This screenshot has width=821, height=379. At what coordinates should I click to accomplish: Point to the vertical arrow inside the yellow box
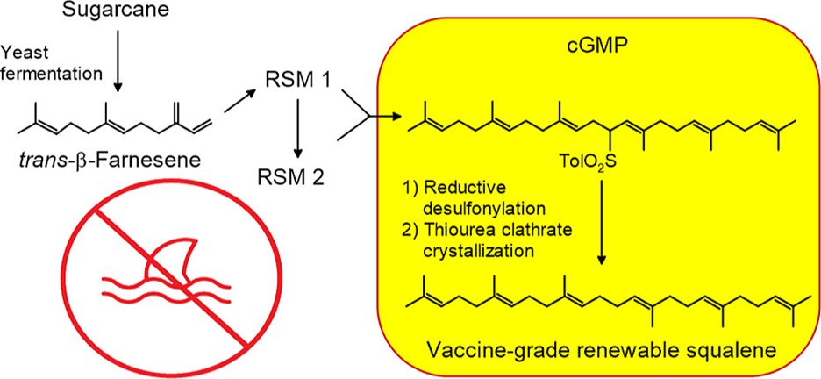coord(603,219)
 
